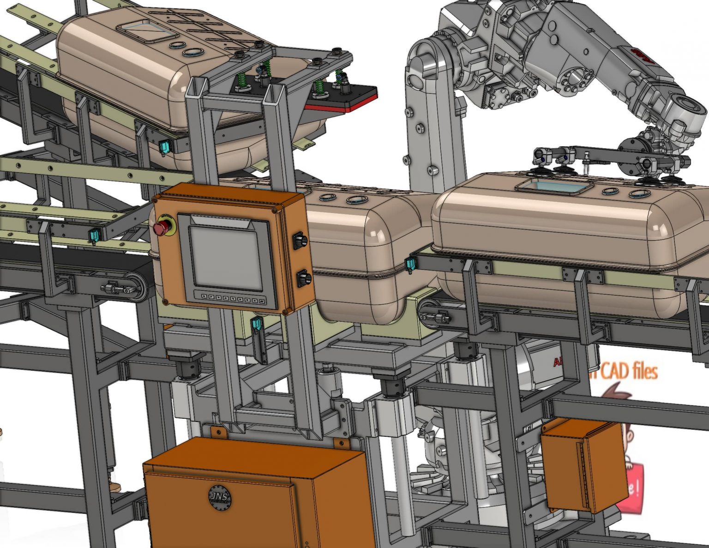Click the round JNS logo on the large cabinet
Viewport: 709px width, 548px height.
pos(220,498)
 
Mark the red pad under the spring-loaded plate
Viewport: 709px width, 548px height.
pos(342,106)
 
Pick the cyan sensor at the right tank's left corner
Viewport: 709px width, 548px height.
pos(409,265)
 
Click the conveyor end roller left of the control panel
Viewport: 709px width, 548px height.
pos(136,288)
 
